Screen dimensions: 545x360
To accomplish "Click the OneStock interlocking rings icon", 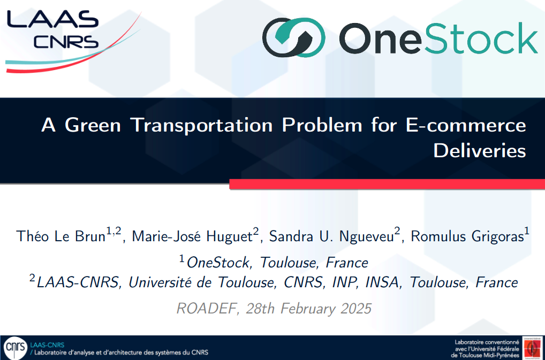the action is pos(294,37).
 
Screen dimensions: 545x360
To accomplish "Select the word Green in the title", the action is pos(93,125).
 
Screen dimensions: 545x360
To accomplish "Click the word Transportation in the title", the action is pos(201,126).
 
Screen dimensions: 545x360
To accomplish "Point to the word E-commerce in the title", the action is pos(466,125).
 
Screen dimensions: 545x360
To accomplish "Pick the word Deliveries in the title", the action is pos(480,151).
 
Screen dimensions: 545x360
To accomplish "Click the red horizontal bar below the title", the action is pos(387,184).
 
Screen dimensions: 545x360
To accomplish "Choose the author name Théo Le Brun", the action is pos(61,236).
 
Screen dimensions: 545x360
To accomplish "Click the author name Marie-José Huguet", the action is pos(192,236).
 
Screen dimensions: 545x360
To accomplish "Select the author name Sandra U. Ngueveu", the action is pos(331,236).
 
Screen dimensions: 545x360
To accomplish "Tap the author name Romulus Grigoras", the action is pos(467,236).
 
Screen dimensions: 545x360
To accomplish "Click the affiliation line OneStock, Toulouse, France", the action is pos(277,263).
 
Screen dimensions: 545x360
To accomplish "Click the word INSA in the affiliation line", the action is pos(382,282).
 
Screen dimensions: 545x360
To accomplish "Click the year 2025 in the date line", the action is pos(356,309).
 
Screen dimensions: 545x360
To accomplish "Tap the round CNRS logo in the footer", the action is pos(16,348).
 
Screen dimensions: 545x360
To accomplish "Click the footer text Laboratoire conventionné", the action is pos(487,342).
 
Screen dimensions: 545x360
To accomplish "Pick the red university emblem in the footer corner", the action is pos(532,348).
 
